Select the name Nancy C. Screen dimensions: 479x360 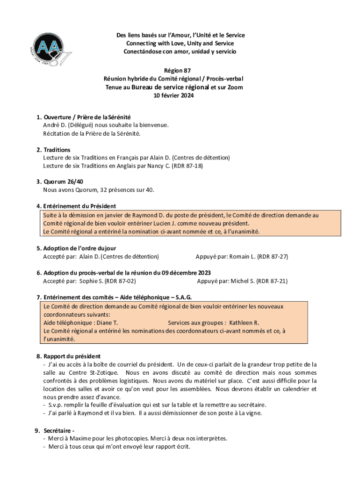point(158,166)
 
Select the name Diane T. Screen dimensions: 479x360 point(107,323)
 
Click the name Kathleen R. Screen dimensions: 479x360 point(244,323)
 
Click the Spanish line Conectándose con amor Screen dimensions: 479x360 point(180,51)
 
